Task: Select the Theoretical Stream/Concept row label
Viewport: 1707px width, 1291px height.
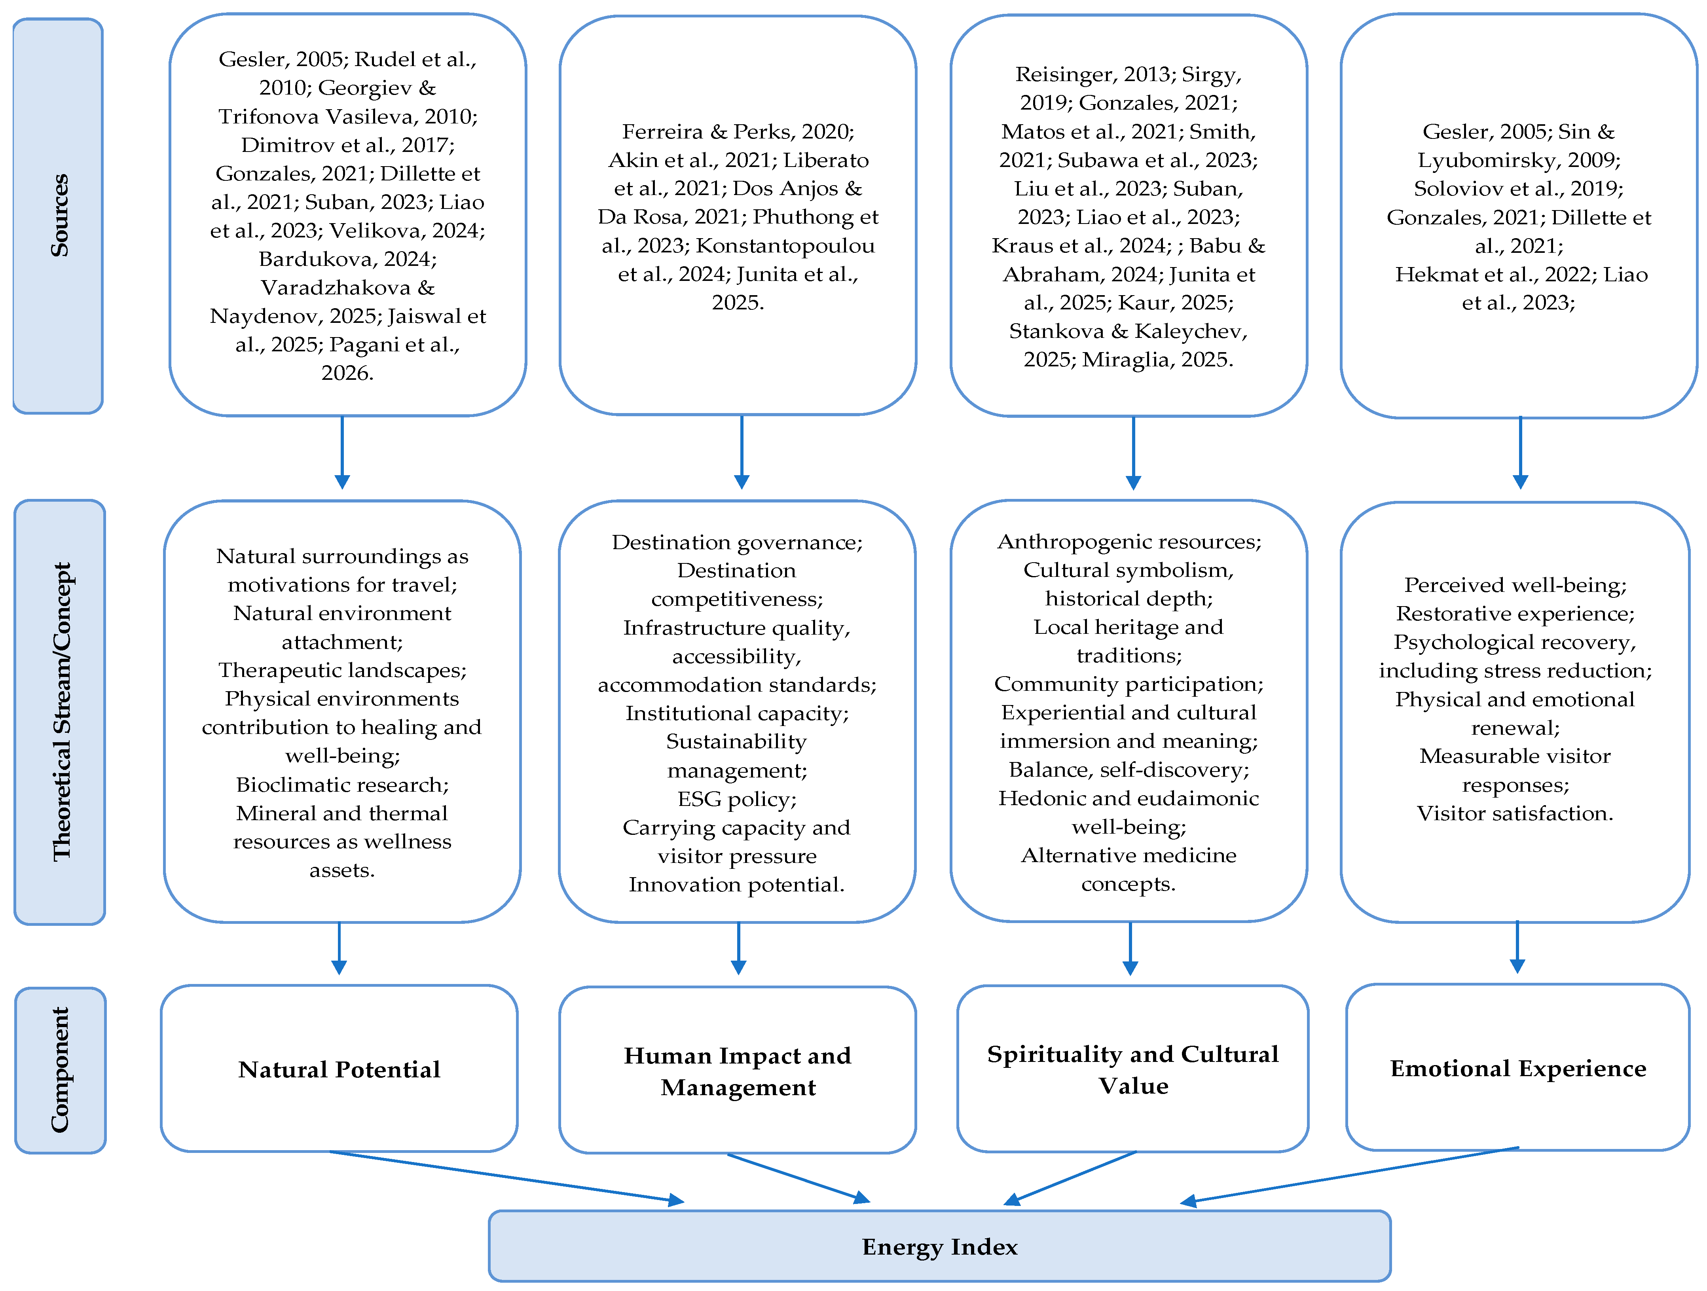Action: (x=60, y=711)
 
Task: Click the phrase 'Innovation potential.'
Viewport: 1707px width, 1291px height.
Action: (x=737, y=884)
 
